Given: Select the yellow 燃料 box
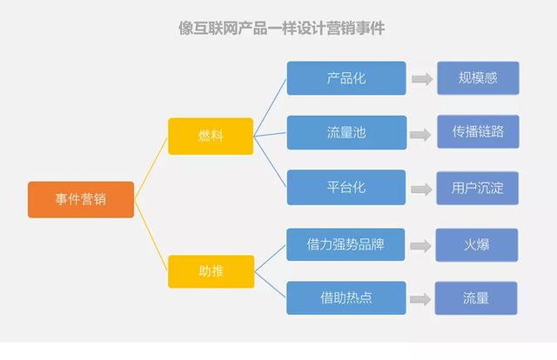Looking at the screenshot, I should (x=211, y=136).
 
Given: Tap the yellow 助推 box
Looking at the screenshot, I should (x=211, y=270).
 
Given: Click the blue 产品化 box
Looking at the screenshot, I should (x=346, y=78).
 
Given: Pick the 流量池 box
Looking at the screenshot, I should (x=346, y=132).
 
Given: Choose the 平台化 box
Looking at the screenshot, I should (x=346, y=187).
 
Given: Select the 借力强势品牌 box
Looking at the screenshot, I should (x=346, y=244).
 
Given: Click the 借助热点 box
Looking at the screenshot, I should (x=346, y=298).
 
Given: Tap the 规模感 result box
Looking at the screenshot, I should (x=477, y=78).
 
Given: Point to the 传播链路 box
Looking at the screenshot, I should (x=477, y=132).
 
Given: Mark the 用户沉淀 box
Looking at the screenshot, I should (x=477, y=187).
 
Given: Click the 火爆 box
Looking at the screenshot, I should (x=477, y=244).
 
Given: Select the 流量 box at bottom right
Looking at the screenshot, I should (x=477, y=298).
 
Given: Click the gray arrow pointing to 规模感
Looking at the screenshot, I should (x=422, y=79).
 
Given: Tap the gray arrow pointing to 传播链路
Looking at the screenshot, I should (x=422, y=134).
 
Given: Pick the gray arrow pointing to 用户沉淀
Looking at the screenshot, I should (x=422, y=189).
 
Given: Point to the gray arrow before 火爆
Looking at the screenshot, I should (x=422, y=245).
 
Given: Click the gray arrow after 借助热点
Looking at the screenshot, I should (x=422, y=299).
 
